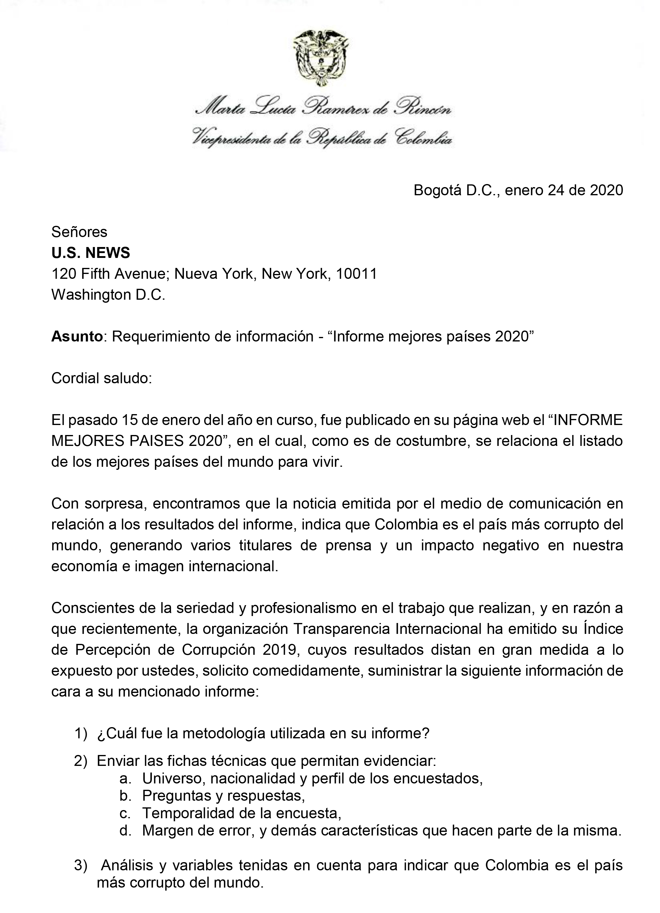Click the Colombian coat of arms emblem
(x=321, y=58)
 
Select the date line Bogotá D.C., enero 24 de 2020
(x=518, y=190)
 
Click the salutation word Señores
(x=79, y=232)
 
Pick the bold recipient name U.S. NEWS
(x=91, y=253)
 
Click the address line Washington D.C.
(x=108, y=295)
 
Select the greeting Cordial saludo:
(x=102, y=378)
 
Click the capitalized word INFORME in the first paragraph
(x=588, y=420)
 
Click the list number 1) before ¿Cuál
(x=81, y=733)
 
